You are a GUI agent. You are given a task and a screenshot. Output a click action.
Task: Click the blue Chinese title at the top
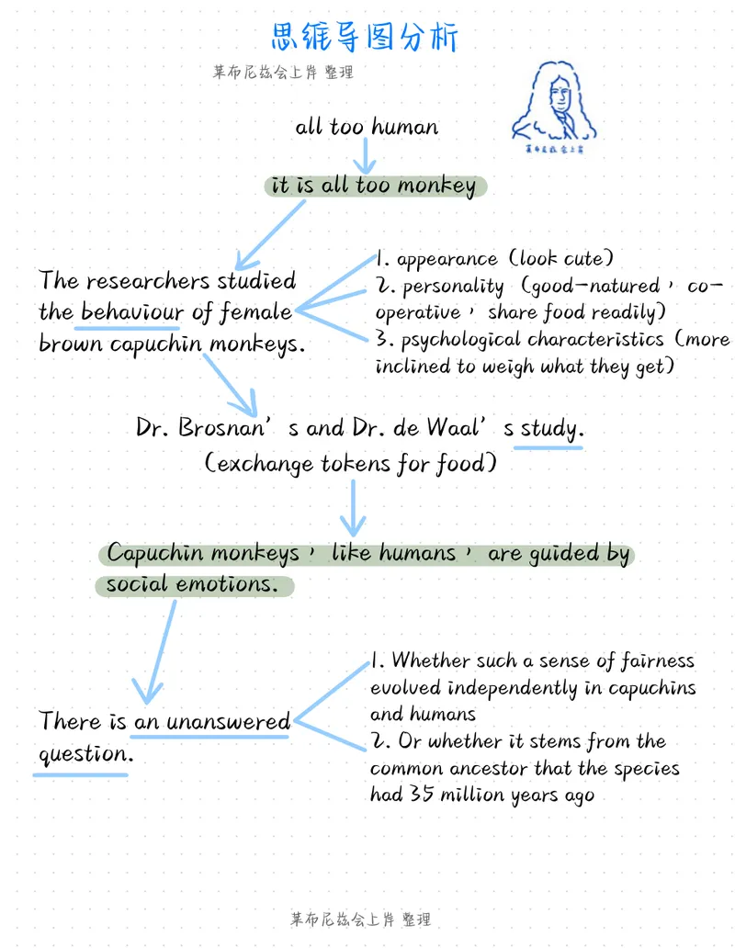(365, 38)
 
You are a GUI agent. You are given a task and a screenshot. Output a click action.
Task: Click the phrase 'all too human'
(367, 127)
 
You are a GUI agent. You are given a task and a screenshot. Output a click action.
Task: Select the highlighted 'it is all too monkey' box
(376, 186)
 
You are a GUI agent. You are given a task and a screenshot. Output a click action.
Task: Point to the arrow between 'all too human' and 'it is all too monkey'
(365, 156)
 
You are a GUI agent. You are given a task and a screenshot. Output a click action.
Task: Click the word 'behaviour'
(131, 311)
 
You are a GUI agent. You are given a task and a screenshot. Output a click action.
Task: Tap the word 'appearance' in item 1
(447, 259)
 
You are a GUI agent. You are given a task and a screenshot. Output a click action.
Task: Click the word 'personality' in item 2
(453, 287)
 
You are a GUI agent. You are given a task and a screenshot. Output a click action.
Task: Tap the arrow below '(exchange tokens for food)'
(353, 508)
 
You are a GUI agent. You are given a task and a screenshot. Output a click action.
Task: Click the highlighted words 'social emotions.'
(195, 585)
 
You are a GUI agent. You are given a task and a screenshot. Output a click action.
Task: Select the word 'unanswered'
(228, 721)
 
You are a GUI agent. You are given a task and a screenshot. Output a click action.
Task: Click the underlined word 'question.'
(85, 754)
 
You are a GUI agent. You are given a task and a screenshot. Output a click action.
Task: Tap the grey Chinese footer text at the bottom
(361, 920)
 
